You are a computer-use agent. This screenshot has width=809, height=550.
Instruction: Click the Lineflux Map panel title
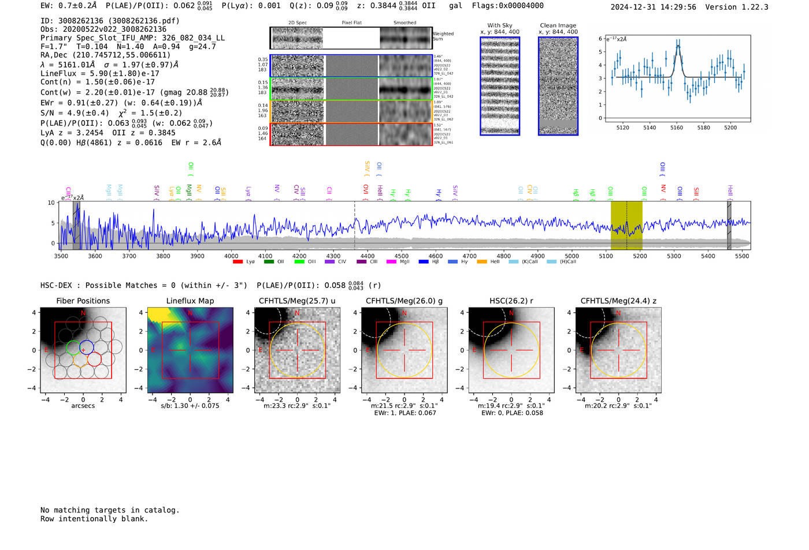click(x=190, y=301)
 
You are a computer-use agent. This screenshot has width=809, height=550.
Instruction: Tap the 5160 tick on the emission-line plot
click(x=676, y=127)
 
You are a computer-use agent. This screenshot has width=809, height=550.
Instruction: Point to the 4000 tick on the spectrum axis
click(x=231, y=256)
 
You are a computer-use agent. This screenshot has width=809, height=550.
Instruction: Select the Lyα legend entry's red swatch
click(x=237, y=262)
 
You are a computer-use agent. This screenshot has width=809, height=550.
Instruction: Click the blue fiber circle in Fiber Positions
click(x=87, y=347)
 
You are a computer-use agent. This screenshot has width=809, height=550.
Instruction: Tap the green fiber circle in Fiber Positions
click(x=73, y=347)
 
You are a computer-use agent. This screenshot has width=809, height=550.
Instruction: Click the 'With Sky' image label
click(x=500, y=25)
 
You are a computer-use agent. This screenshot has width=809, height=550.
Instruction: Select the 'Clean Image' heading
click(x=558, y=25)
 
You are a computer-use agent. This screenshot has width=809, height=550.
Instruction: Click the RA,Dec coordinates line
click(x=106, y=55)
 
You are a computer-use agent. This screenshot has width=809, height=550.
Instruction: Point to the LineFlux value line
click(x=100, y=73)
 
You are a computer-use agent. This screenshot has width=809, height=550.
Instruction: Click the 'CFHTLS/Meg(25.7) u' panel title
click(x=297, y=301)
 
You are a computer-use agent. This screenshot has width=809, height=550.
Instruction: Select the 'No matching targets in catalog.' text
click(x=110, y=510)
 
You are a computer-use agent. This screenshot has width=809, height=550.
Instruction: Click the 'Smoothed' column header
click(x=405, y=23)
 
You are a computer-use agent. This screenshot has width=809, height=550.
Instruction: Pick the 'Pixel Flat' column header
click(x=352, y=23)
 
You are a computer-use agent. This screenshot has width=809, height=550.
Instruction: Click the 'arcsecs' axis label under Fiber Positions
click(x=83, y=406)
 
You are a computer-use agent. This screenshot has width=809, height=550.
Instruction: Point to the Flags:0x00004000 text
click(x=507, y=6)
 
